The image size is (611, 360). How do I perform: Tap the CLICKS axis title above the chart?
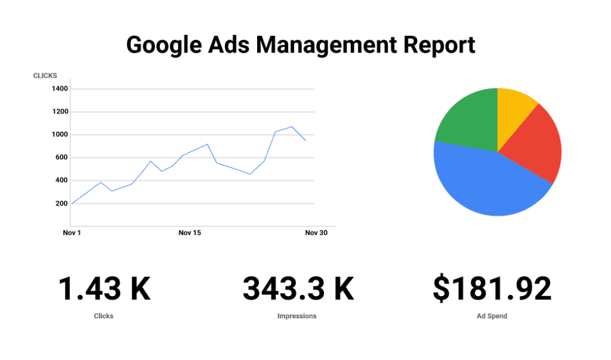(45, 76)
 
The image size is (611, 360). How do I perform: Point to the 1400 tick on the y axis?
(60, 89)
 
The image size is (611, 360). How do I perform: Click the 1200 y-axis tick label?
(60, 112)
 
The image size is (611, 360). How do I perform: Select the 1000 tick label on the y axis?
(60, 135)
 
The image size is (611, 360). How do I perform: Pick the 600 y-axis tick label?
(61, 158)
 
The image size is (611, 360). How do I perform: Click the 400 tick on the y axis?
(61, 180)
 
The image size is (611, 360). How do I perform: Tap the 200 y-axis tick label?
(61, 204)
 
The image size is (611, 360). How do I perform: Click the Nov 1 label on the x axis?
(72, 233)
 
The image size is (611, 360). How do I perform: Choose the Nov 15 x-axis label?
(190, 233)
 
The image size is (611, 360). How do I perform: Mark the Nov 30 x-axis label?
(316, 233)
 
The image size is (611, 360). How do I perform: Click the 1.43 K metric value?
(104, 289)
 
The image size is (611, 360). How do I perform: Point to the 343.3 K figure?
(298, 289)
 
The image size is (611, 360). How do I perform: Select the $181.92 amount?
(492, 289)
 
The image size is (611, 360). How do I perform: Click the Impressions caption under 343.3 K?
(297, 316)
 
